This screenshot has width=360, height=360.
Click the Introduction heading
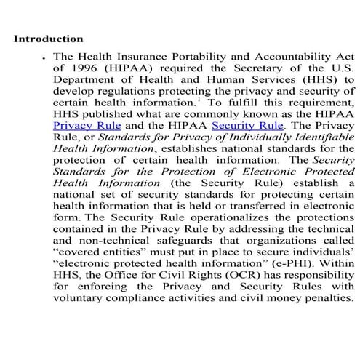(48, 39)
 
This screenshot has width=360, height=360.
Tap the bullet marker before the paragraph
(46, 57)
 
